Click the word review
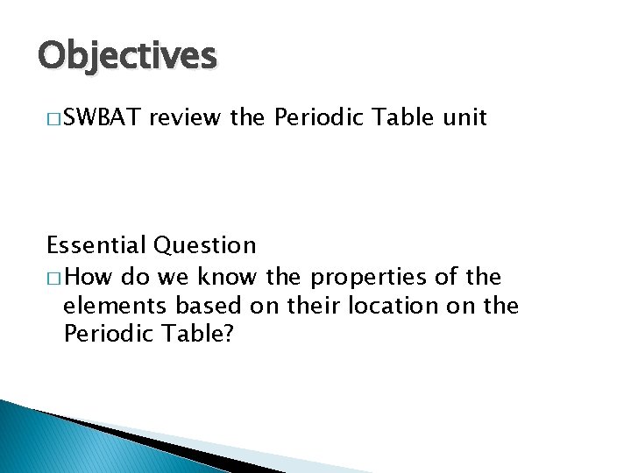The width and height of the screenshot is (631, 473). [186, 117]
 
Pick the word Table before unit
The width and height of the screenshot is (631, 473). [399, 117]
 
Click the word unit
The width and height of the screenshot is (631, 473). [464, 117]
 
